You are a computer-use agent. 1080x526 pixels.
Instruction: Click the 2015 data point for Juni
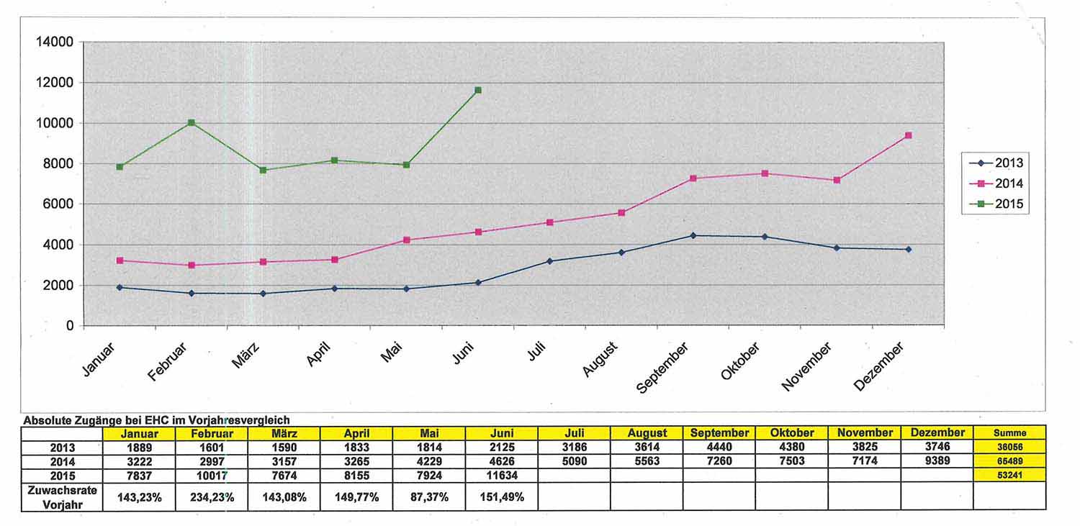[478, 90]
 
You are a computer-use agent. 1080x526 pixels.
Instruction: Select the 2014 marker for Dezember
[909, 135]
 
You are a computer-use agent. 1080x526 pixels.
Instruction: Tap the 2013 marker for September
[693, 235]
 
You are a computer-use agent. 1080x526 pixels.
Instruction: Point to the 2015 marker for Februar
[191, 122]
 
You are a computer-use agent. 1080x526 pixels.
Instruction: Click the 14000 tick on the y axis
[55, 42]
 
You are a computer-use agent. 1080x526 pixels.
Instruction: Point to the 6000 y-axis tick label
[58, 204]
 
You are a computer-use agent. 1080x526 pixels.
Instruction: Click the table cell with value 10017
[212, 475]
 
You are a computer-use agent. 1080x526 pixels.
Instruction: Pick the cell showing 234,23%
[212, 496]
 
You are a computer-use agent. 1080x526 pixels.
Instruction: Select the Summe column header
[1009, 433]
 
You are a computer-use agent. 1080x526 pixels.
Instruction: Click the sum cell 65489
[1009, 461]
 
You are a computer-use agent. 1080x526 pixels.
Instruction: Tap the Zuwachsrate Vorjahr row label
[62, 496]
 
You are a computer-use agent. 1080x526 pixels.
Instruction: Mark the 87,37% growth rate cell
[429, 496]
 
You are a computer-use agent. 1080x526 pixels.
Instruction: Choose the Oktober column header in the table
[791, 433]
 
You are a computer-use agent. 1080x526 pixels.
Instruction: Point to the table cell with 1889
[139, 447]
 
